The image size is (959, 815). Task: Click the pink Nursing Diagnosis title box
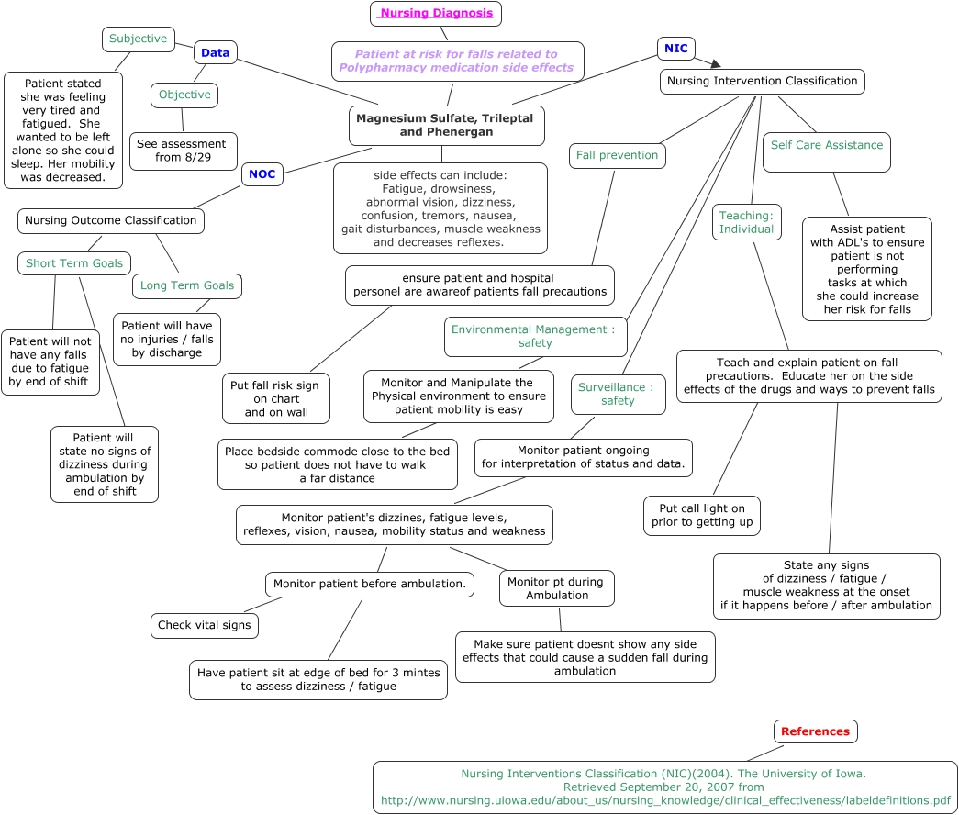(x=436, y=14)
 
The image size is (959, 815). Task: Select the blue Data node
(x=216, y=53)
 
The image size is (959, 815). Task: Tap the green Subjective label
(x=139, y=39)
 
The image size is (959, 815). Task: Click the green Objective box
(x=184, y=95)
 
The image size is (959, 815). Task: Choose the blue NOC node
(x=262, y=173)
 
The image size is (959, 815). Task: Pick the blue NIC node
(x=676, y=49)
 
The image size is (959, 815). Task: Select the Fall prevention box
(x=617, y=155)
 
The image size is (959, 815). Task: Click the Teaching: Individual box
(x=747, y=222)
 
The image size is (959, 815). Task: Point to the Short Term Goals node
(x=74, y=263)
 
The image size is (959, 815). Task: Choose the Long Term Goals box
(x=187, y=285)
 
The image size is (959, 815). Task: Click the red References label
(x=816, y=731)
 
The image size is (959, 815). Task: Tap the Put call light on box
(x=702, y=515)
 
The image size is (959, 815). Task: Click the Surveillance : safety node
(x=618, y=394)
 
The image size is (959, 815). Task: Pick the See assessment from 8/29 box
(x=184, y=151)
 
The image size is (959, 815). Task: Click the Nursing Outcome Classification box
(x=111, y=220)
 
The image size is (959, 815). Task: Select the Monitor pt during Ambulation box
(x=556, y=588)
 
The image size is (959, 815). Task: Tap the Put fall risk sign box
(x=276, y=398)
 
